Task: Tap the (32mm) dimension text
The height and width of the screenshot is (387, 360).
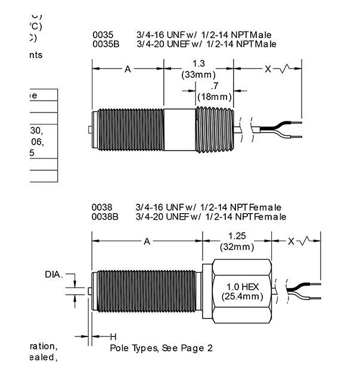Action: [x=238, y=245]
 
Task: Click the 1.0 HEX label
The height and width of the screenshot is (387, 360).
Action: [x=237, y=286]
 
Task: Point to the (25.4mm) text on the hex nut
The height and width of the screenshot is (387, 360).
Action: [x=237, y=296]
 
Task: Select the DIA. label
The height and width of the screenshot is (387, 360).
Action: [x=54, y=274]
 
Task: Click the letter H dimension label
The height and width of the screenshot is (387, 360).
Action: [x=113, y=336]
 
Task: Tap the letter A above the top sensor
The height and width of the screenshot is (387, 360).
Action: [x=127, y=69]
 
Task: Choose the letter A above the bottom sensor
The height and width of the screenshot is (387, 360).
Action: [x=147, y=241]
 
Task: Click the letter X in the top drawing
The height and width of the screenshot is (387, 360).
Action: [x=268, y=69]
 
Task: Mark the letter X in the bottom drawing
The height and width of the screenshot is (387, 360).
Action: [x=290, y=241]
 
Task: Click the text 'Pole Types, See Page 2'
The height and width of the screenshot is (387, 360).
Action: [x=161, y=348]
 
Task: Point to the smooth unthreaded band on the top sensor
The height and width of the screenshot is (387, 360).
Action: [x=180, y=130]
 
